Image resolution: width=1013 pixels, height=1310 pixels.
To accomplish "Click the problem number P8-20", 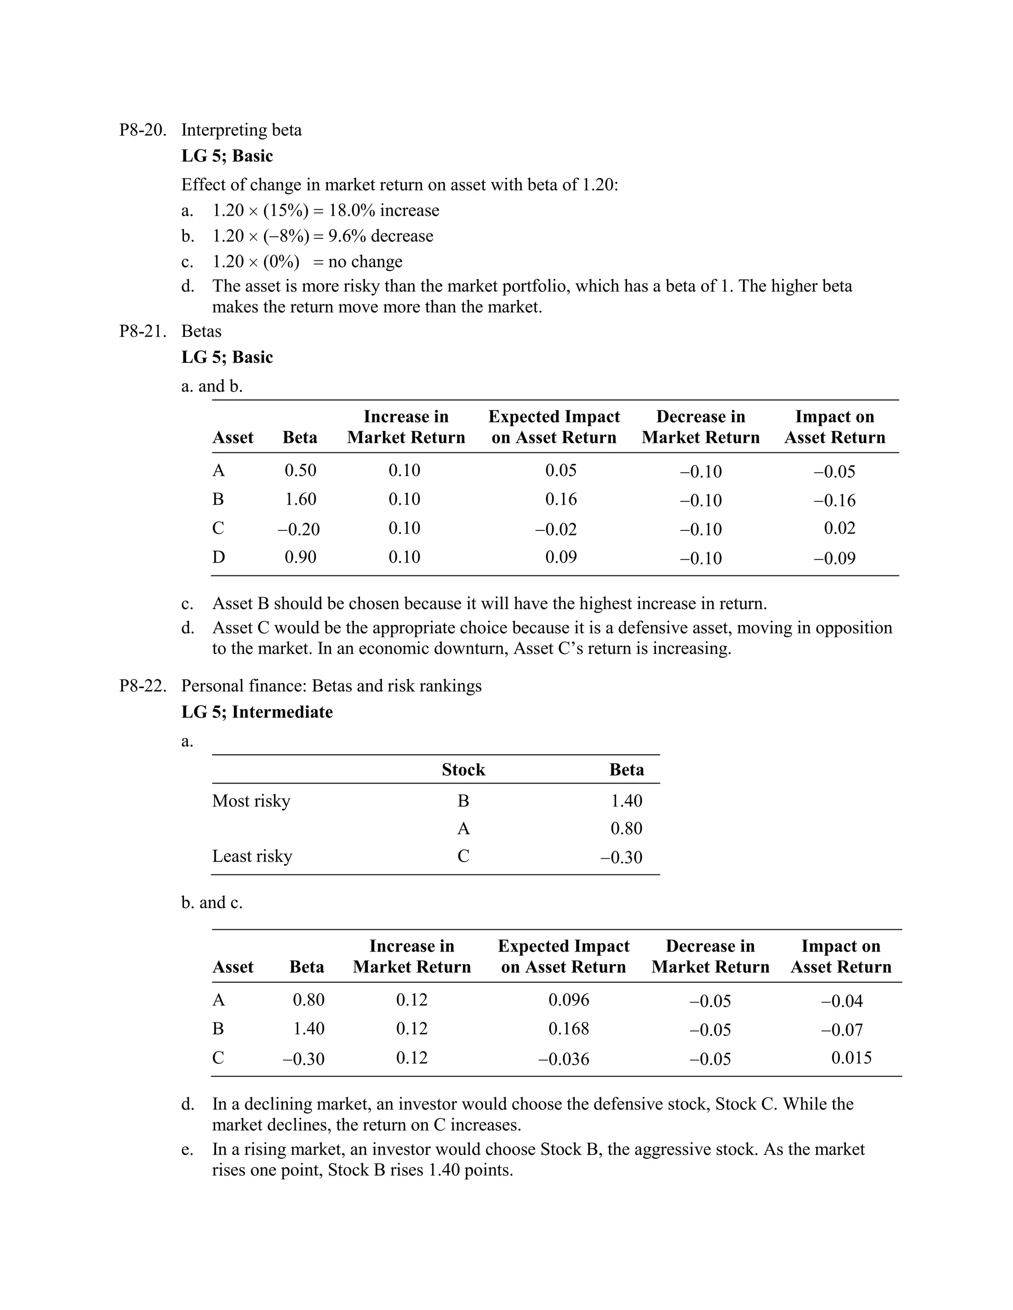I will click(142, 130).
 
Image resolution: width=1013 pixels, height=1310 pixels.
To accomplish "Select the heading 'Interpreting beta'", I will click(241, 130).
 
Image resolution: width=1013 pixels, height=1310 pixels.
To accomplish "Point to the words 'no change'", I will click(365, 262).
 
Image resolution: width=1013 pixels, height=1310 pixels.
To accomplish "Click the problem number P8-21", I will click(142, 331).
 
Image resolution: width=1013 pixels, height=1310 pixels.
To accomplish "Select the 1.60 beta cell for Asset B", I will click(300, 499).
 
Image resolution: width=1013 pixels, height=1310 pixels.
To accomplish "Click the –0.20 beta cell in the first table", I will click(298, 529).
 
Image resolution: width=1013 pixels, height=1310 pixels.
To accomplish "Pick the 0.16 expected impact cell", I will click(560, 499).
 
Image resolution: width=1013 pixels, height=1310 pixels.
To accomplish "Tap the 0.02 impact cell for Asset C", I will click(839, 528).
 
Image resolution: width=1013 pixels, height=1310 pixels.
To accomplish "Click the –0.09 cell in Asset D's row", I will click(834, 559).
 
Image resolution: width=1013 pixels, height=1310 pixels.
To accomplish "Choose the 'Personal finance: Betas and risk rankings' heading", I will click(331, 686).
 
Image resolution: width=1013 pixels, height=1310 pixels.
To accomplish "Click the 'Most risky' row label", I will click(251, 801).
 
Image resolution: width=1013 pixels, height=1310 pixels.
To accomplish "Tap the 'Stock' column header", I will click(463, 770).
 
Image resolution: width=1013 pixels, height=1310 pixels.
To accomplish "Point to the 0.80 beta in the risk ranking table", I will click(626, 829).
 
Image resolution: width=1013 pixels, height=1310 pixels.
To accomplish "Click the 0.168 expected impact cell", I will click(568, 1028).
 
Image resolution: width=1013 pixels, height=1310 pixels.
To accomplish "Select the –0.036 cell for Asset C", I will click(563, 1059).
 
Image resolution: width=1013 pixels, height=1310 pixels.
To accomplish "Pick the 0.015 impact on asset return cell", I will click(851, 1057).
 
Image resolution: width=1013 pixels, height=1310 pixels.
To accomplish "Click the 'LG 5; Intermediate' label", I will click(257, 712).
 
